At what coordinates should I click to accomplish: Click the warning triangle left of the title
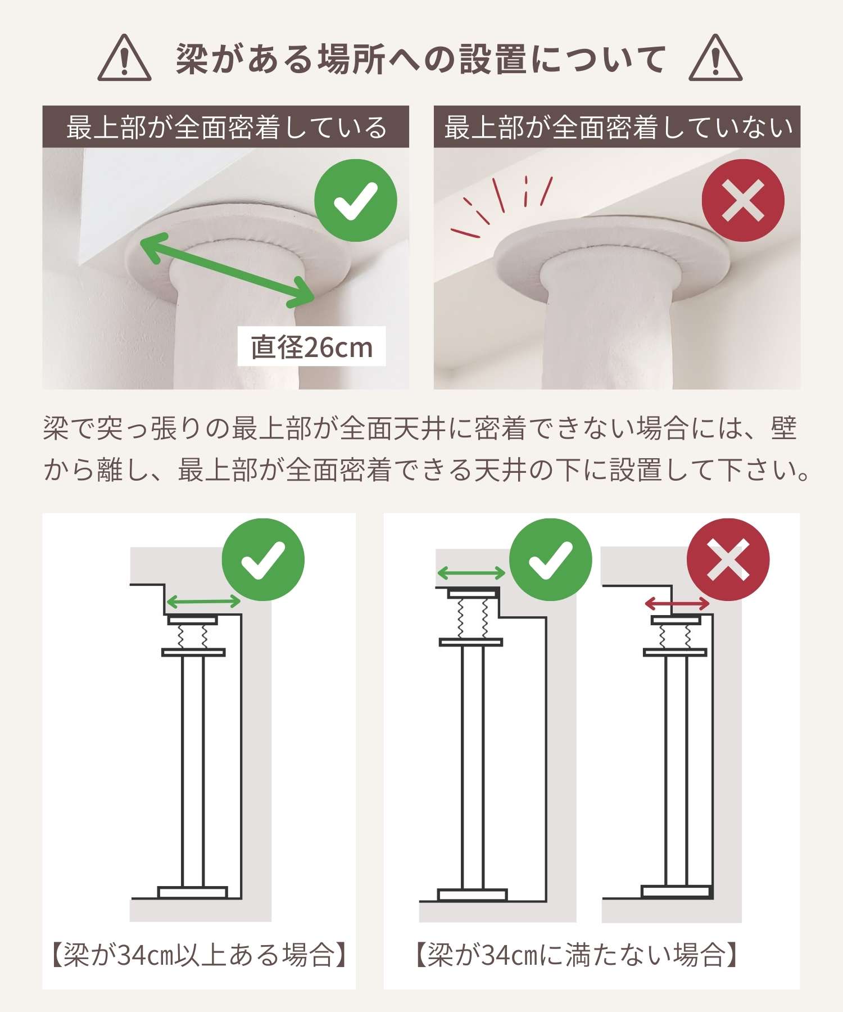click(x=124, y=58)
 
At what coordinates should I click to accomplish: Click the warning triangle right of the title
click(x=715, y=58)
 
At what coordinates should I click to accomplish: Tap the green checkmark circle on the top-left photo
click(x=356, y=201)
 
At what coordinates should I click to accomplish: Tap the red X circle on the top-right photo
click(x=743, y=200)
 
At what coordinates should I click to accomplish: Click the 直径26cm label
click(x=312, y=347)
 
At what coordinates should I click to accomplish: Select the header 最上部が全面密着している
click(x=226, y=127)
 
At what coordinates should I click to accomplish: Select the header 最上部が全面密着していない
click(x=618, y=127)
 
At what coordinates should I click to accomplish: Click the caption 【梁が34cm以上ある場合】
click(x=199, y=955)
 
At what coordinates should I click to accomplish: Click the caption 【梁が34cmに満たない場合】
click(x=575, y=955)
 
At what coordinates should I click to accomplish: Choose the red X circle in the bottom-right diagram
click(x=728, y=559)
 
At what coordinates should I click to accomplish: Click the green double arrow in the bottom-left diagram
click(x=204, y=602)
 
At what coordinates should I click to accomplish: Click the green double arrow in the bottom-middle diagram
click(x=472, y=573)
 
